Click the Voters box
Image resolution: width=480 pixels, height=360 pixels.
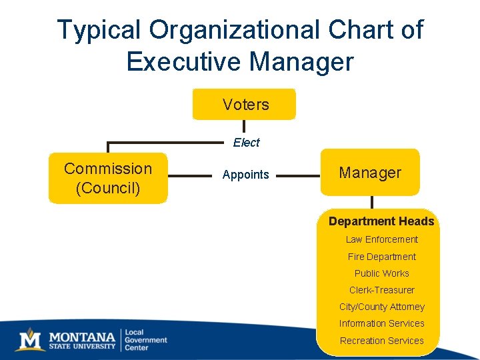(x=244, y=105)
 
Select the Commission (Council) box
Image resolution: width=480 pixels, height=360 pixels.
(x=108, y=178)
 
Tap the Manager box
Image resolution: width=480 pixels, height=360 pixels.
(x=370, y=173)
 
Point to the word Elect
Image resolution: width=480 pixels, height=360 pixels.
(x=246, y=143)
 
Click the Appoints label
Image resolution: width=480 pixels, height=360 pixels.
(x=245, y=175)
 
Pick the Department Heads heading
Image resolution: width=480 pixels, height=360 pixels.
(x=381, y=221)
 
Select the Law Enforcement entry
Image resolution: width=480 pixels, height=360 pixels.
(x=382, y=239)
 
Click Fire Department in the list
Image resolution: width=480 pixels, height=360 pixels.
(x=382, y=257)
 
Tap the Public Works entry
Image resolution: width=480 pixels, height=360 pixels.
(x=382, y=273)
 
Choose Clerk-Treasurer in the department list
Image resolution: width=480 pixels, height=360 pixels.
(x=382, y=290)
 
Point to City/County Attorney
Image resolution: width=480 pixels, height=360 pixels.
(x=382, y=307)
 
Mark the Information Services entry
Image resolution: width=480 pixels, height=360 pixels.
(x=382, y=323)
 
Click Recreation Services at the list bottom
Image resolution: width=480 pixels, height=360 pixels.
(x=382, y=341)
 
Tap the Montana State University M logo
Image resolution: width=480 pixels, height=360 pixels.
(x=30, y=339)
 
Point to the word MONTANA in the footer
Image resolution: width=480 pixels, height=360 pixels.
(x=81, y=335)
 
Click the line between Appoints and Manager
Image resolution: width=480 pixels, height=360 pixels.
(x=297, y=176)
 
